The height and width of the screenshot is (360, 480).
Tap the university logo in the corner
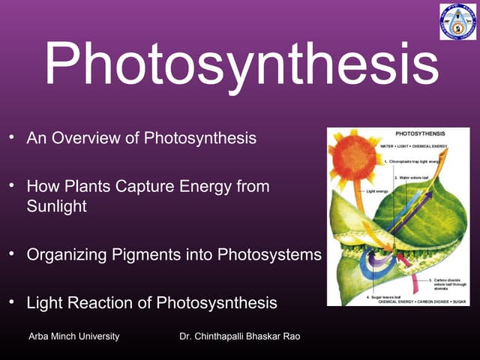[457, 22]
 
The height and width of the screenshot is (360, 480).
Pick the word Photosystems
[269, 254]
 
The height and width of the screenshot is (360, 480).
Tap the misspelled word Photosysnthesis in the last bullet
[217, 303]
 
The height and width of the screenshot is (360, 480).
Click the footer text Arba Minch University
[73, 336]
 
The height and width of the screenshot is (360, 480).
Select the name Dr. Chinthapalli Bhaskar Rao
[240, 336]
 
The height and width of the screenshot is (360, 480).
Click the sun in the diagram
[357, 157]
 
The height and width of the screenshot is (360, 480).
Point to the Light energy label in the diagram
[379, 191]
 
